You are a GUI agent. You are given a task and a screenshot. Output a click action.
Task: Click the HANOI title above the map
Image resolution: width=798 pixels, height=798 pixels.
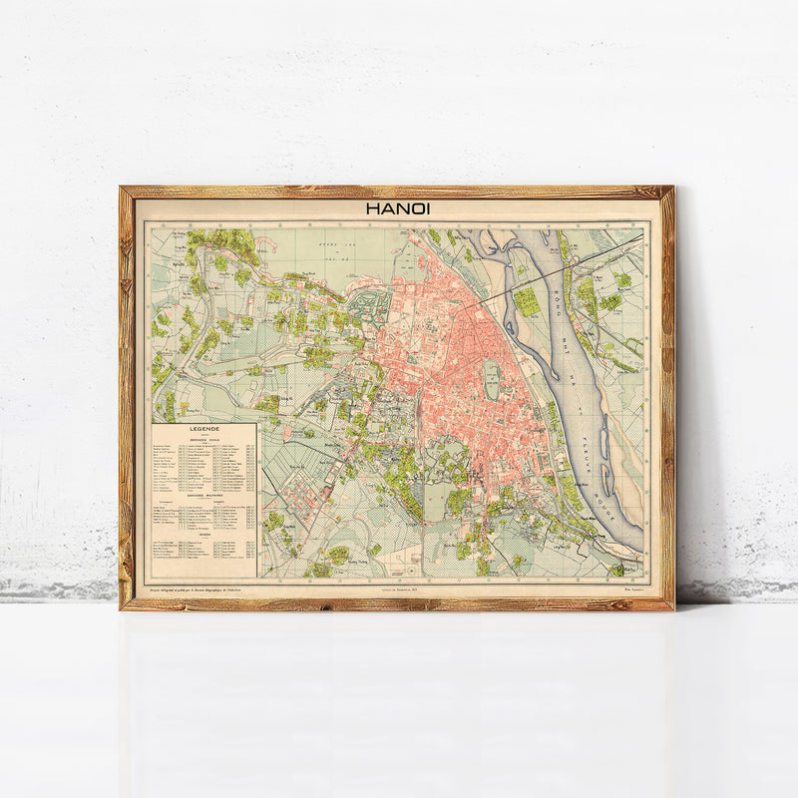(x=397, y=209)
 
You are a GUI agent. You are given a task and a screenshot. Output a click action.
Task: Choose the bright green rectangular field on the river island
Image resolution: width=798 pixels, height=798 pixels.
(x=527, y=301)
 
